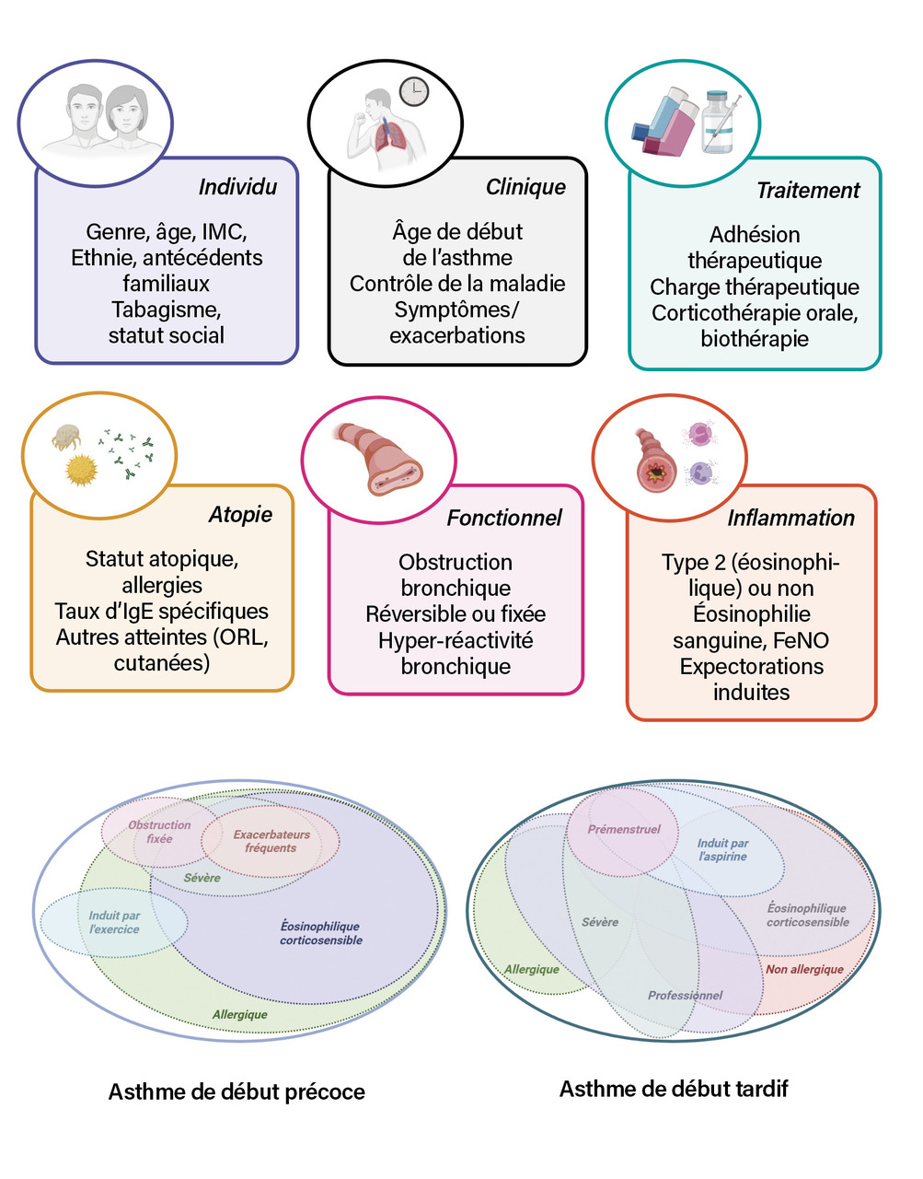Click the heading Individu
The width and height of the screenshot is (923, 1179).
tap(237, 187)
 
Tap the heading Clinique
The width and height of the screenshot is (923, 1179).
tap(525, 187)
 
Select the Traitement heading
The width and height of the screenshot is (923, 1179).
tap(807, 191)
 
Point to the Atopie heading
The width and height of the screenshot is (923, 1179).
tap(240, 514)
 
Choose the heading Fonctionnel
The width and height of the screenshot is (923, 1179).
tap(503, 518)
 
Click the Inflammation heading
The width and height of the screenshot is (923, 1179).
tap(790, 518)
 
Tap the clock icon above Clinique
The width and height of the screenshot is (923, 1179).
tap(414, 90)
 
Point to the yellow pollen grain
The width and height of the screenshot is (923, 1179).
tap(82, 469)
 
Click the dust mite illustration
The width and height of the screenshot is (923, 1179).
tap(67, 437)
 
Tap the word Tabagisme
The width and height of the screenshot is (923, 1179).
tap(167, 309)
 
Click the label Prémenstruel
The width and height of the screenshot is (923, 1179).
tap(624, 829)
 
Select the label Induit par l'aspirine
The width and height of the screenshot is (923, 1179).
tap(722, 849)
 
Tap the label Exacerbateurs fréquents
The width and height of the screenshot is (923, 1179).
tap(271, 841)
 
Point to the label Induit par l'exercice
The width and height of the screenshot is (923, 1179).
tap(114, 922)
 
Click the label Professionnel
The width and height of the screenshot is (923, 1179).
tap(685, 995)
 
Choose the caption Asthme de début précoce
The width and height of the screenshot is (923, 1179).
tap(237, 1091)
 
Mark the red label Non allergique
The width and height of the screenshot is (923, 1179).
tap(804, 969)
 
